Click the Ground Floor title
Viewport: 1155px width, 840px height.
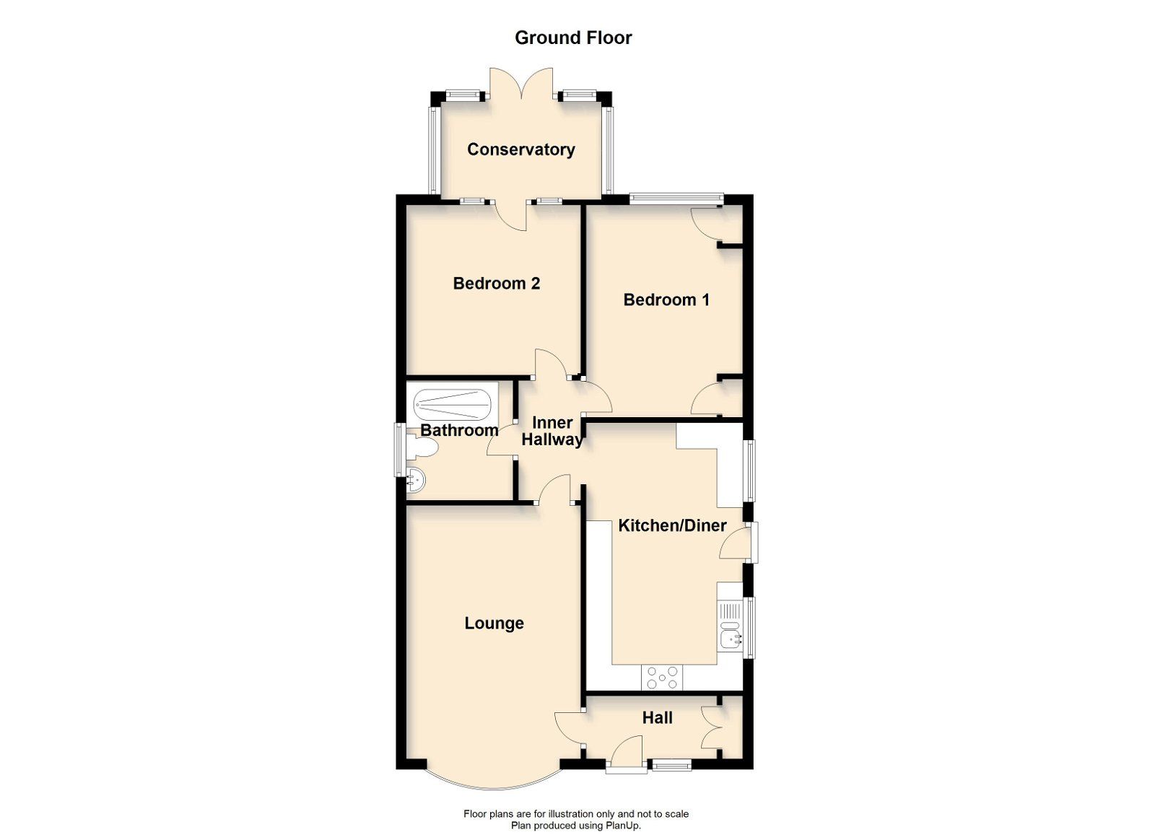[573, 38]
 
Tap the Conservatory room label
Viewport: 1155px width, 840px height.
[520, 149]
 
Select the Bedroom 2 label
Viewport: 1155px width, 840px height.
[496, 284]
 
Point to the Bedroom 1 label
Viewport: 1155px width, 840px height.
[666, 299]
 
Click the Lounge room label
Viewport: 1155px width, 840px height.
[494, 624]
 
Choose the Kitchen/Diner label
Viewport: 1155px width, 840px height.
[672, 525]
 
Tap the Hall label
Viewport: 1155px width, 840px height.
[657, 717]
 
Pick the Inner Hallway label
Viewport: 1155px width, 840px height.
[552, 431]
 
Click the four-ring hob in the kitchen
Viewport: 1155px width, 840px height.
[663, 677]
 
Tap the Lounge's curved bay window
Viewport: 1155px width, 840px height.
[492, 783]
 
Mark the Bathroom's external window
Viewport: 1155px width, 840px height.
[398, 450]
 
